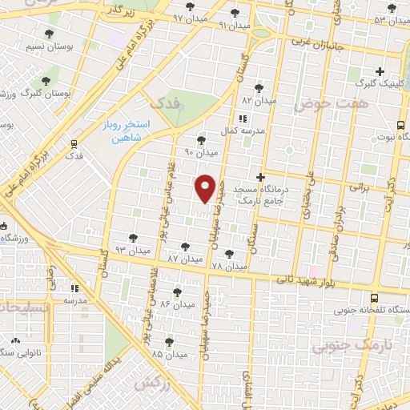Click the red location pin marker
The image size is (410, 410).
click(x=205, y=187)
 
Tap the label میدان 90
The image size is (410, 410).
click(x=201, y=152)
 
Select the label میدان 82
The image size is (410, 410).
click(x=259, y=102)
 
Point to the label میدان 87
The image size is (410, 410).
click(x=186, y=260)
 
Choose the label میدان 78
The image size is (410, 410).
click(x=229, y=265)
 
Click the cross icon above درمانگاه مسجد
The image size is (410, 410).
click(x=259, y=176)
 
